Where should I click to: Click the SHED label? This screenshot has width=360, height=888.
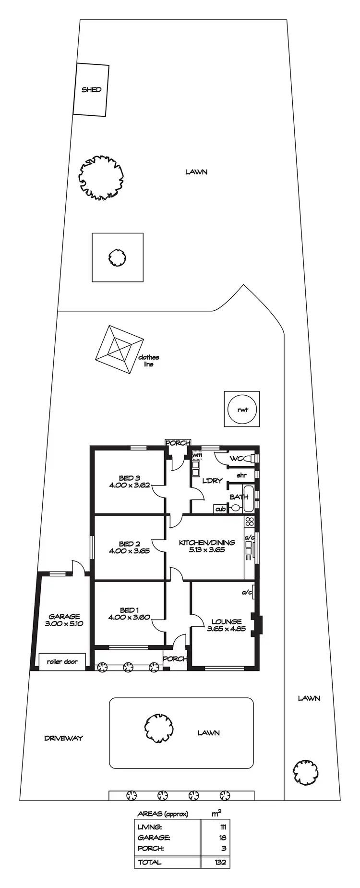point(91,90)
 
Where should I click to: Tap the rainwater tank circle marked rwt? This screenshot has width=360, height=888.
point(242,410)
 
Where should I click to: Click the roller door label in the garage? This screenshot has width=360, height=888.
point(62,661)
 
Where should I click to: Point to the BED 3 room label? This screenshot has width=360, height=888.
point(129,478)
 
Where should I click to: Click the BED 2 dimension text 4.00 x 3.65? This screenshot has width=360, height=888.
point(129,551)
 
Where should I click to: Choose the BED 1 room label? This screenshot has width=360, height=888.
point(129,610)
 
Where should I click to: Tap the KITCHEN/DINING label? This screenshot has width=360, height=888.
point(207,543)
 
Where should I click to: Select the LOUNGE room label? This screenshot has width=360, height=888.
point(226,621)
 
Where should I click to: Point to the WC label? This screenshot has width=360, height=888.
point(236,459)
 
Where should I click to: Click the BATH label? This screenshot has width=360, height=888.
point(239,497)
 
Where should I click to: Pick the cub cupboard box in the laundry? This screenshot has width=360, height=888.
point(220,509)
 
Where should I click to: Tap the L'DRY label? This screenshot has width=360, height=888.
point(212,481)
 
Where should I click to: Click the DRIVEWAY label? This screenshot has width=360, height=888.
point(63,738)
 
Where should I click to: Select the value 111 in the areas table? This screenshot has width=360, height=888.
point(222,827)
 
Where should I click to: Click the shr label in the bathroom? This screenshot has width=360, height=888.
point(241,475)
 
